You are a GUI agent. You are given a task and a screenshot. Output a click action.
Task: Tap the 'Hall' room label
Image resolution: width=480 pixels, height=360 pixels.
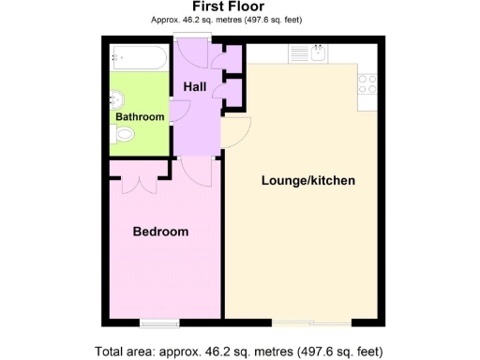(x=195, y=86)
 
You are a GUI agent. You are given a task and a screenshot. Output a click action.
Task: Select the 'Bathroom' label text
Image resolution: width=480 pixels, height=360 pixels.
(x=140, y=117)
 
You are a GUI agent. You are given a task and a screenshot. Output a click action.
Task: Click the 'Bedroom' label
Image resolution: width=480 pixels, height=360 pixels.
(x=160, y=232)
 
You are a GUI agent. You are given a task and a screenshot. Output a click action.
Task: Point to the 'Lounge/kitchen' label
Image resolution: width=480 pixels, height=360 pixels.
(x=307, y=180)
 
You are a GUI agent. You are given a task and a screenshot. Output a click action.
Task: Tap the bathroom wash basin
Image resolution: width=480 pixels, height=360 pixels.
(x=116, y=98)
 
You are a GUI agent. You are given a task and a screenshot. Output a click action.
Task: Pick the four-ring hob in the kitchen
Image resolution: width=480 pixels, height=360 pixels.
(x=366, y=83)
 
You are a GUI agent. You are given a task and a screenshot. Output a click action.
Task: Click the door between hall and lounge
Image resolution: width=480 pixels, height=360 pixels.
(x=234, y=134)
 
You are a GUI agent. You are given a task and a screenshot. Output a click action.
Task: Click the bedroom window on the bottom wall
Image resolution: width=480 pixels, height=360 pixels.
(x=154, y=323)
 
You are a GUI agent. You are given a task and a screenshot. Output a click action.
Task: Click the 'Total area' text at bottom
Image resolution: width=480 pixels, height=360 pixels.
(x=240, y=352)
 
